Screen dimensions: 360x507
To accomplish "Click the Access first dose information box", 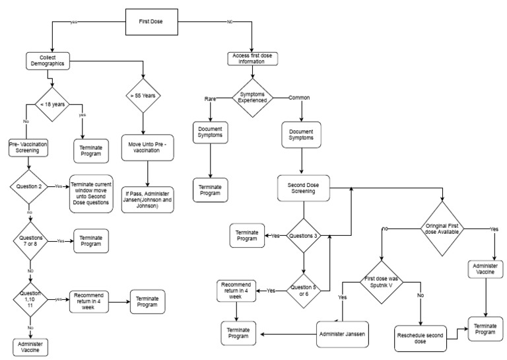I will point(253,59).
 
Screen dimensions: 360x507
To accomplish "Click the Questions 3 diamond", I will point(304,235).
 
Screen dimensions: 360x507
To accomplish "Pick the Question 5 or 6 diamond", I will point(304,290).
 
